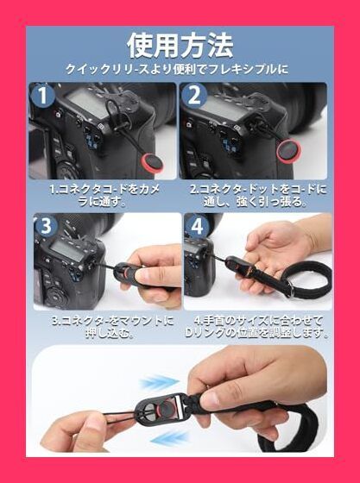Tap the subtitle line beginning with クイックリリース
click(180, 70)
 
